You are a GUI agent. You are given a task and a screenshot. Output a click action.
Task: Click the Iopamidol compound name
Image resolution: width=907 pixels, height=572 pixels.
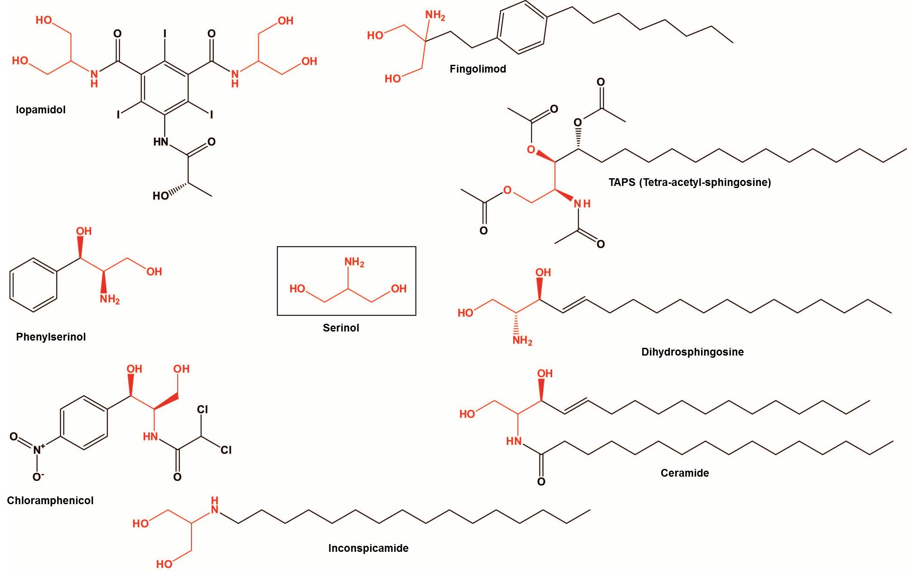41,110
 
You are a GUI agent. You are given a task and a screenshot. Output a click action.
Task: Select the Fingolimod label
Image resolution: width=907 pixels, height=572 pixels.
478,69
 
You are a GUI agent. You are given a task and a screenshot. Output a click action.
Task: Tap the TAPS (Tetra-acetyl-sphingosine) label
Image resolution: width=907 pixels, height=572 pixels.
689,183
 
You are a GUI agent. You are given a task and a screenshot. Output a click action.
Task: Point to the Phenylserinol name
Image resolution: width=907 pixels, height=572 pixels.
51,337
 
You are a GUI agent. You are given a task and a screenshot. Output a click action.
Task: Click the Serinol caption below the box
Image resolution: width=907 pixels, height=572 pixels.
341,328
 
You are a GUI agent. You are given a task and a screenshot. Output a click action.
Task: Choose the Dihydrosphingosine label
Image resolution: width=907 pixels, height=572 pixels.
692,352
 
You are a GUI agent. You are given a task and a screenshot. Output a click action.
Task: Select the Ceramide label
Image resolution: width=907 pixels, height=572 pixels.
684,473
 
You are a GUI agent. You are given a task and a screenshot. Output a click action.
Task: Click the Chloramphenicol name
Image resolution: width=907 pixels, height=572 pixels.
50,501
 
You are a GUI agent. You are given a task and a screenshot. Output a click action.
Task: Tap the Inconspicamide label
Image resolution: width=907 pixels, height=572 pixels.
368,548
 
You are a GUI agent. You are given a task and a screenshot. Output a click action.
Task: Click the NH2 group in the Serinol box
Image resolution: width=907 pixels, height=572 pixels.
354,262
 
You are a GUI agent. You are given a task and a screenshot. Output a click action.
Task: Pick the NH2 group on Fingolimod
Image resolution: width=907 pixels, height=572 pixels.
435,15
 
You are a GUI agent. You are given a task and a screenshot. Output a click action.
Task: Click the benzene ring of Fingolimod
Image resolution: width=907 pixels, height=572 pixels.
522,28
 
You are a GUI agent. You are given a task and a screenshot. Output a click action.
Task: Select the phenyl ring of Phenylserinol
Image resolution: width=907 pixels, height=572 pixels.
33,285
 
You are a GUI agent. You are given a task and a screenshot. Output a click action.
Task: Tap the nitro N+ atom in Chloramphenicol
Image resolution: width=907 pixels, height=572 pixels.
38,450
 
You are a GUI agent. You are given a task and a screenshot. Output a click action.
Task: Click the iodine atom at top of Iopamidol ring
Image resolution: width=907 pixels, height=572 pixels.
165,34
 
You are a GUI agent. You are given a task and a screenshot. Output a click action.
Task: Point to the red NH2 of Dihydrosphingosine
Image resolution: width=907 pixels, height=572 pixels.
522,341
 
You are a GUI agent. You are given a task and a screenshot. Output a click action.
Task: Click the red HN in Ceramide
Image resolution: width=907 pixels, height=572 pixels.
514,441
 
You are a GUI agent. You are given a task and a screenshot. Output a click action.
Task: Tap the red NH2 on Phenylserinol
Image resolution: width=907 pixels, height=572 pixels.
110,299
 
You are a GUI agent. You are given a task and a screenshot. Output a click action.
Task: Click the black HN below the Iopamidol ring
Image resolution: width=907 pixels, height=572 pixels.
161,142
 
